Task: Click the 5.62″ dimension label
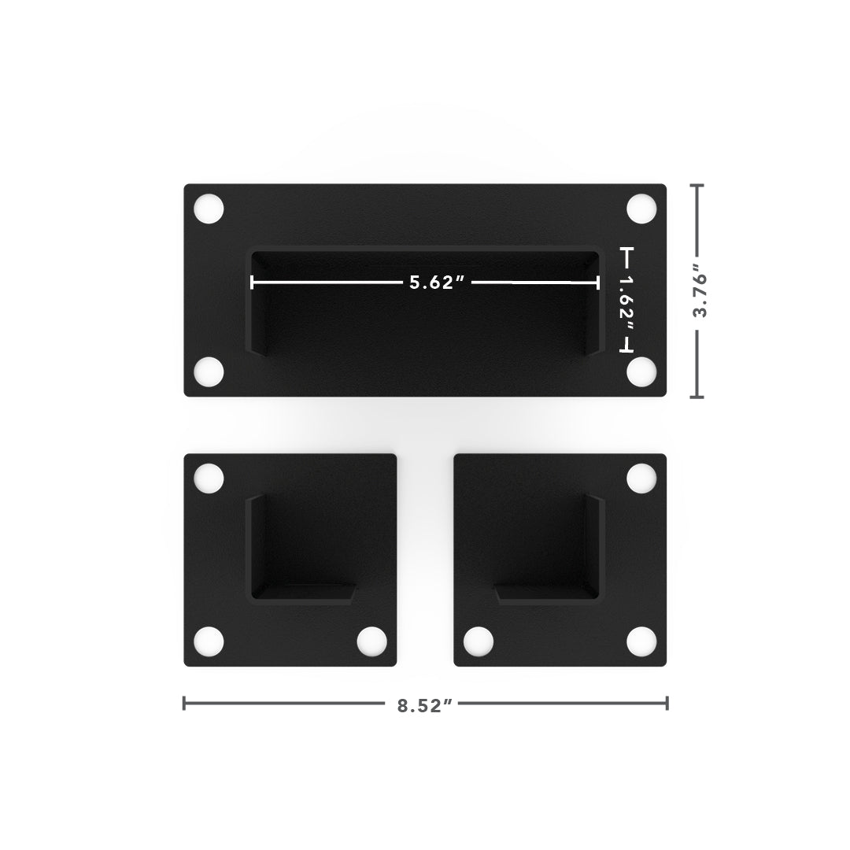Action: pos(437,283)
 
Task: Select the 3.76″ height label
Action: pos(700,290)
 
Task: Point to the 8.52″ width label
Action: pos(424,706)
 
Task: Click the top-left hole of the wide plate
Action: pos(209,209)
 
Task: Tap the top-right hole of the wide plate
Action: pos(642,209)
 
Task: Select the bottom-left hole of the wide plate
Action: pos(209,371)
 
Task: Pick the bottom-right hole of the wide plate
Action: pos(642,371)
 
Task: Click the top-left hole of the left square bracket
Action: pos(209,479)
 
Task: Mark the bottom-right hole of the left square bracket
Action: pos(371,641)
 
